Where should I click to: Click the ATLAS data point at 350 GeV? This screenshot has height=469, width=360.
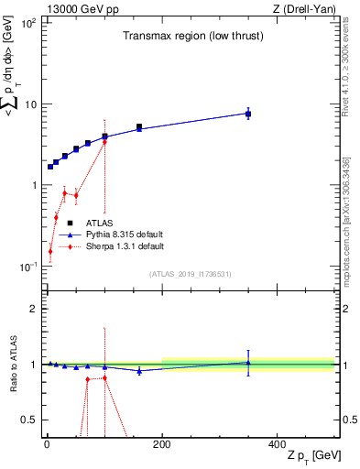click(248, 114)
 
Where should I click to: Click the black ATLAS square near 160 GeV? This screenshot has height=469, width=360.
click(139, 127)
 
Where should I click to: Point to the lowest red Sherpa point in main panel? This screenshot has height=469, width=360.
click(50, 251)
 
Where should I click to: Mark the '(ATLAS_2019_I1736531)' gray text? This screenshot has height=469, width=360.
click(190, 274)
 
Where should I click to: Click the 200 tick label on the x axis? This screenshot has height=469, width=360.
click(162, 442)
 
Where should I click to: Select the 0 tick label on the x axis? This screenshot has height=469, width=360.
click(47, 442)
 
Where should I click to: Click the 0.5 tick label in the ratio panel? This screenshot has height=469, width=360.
click(30, 420)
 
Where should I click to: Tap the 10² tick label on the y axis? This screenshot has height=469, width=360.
click(28, 22)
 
